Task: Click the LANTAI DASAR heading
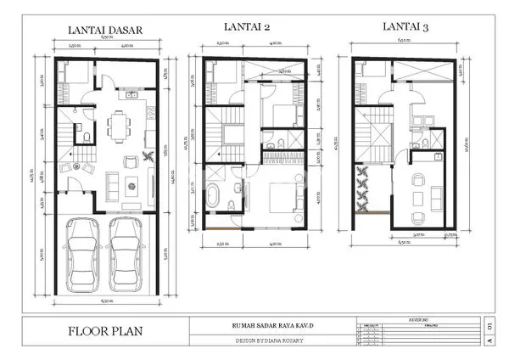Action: [x=103, y=31]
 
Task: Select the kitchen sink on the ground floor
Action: [x=132, y=95]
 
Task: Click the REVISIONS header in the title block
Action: [x=415, y=319]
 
